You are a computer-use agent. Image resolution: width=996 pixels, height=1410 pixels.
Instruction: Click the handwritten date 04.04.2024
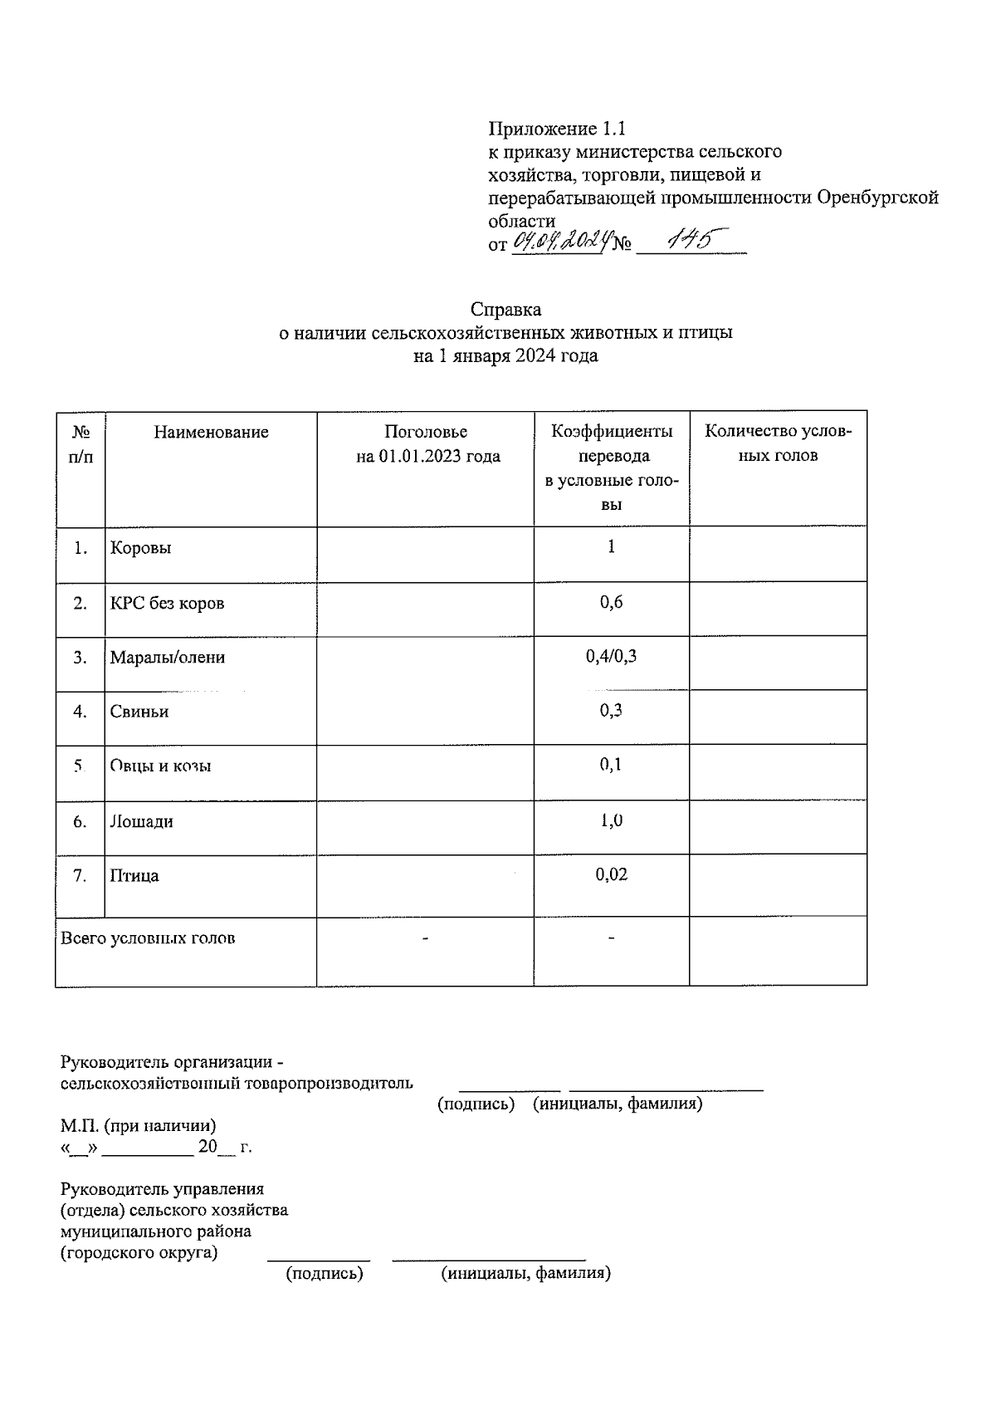pos(563,242)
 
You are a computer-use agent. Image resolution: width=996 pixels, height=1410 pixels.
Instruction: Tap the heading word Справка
pos(505,310)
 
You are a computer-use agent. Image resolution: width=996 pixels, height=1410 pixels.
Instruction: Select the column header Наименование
pos(211,432)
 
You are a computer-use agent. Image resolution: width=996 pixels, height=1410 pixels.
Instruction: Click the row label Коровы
pos(140,548)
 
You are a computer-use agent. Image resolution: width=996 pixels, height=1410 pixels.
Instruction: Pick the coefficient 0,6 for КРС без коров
pos(611,602)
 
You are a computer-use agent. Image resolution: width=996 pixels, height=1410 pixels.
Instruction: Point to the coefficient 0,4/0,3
pos(611,657)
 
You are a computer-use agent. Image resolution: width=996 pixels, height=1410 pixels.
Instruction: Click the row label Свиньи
pos(139,712)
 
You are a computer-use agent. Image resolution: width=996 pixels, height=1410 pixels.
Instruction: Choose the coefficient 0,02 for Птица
pos(611,874)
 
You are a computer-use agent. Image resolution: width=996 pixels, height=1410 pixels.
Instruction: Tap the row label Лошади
pos(141,822)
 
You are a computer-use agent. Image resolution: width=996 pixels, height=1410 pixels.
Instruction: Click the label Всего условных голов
pos(148,938)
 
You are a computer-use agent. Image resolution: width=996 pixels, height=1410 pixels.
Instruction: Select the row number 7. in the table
pos(80,875)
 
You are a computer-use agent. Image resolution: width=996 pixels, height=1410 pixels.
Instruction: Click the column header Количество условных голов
pos(778,443)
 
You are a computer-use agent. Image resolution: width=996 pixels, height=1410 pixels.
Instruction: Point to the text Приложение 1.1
pos(556,129)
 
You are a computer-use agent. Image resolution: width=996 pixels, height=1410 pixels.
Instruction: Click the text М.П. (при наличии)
pos(138,1126)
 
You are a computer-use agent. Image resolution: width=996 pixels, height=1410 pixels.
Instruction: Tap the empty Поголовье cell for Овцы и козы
pos(425,772)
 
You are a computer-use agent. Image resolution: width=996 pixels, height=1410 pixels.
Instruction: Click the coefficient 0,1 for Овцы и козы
pos(611,765)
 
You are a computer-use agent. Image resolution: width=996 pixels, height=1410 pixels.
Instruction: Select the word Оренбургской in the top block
pos(877,198)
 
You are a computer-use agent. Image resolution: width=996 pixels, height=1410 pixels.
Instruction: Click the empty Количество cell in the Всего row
pos(778,952)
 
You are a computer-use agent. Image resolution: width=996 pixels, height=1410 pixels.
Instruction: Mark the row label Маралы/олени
pos(167,658)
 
